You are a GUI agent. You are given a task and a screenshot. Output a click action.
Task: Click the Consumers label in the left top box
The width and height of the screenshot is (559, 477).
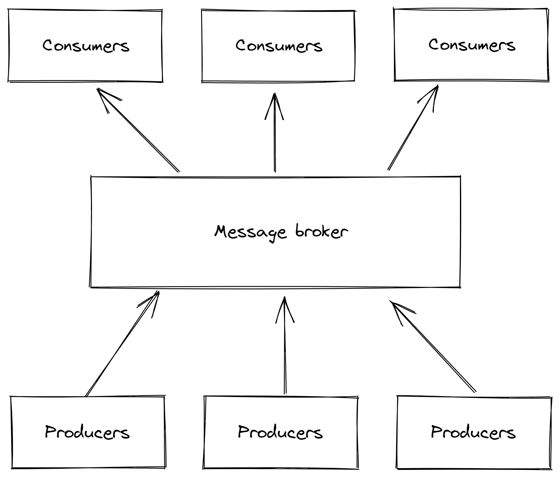(86, 46)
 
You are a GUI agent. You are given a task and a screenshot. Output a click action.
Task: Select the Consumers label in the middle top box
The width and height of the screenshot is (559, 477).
(279, 46)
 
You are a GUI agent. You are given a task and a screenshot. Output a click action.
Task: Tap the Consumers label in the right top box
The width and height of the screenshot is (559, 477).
(472, 45)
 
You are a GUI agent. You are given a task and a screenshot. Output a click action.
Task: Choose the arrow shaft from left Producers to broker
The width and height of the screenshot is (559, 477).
(121, 346)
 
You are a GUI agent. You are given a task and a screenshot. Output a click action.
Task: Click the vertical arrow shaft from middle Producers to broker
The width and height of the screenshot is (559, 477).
(285, 354)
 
